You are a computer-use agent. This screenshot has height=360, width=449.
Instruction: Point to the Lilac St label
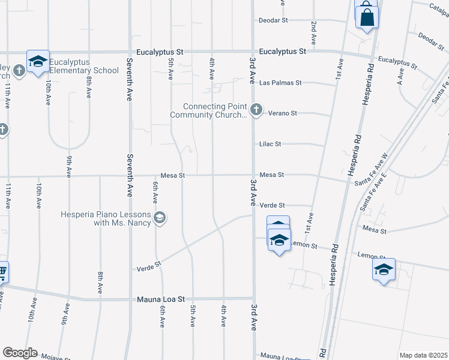pyautogui.click(x=270, y=144)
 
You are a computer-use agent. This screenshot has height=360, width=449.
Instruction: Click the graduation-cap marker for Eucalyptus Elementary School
pyautogui.click(x=38, y=62)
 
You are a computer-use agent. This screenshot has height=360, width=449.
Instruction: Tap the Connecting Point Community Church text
pyautogui.click(x=208, y=111)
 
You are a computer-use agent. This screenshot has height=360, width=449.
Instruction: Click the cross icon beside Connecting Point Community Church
pyautogui.click(x=256, y=109)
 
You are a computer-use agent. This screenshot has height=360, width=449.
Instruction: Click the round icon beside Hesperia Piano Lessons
pyautogui.click(x=160, y=217)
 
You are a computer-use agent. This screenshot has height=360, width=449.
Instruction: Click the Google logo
pyautogui.click(x=20, y=352)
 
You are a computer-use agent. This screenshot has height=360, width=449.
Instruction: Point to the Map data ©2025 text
pyautogui.click(x=423, y=355)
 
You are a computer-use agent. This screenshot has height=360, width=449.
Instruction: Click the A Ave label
pyautogui.click(x=400, y=74)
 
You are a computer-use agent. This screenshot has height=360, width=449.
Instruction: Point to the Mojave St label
pyautogui.click(x=53, y=356)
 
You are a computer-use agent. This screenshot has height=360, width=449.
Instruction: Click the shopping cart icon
pyautogui.click(x=2, y=274)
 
